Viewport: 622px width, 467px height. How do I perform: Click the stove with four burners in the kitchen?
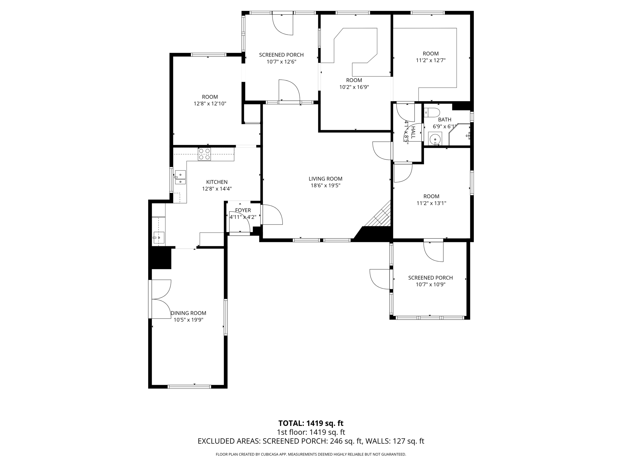(204, 154)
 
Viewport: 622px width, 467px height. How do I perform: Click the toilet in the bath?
(432, 112)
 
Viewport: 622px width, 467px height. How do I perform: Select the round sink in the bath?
(435, 139)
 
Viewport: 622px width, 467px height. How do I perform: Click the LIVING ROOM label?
(325, 179)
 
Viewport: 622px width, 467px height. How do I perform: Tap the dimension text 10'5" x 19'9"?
(188, 320)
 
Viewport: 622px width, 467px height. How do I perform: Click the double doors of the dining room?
(160, 299)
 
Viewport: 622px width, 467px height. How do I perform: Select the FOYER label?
(243, 210)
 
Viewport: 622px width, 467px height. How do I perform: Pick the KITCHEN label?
(217, 182)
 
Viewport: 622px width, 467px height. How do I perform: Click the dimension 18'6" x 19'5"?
(325, 185)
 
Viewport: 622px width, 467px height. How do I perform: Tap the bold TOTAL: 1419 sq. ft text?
(311, 423)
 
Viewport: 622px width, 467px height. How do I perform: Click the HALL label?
(413, 133)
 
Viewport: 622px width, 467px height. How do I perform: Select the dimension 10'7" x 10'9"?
(430, 285)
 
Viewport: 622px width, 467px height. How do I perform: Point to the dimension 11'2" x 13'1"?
(431, 203)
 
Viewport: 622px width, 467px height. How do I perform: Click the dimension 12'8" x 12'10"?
(210, 104)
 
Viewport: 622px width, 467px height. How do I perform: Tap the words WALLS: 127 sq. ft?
(395, 441)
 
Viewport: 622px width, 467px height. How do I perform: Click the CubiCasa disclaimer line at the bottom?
(311, 455)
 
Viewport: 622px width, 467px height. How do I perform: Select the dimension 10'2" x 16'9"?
(354, 87)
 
